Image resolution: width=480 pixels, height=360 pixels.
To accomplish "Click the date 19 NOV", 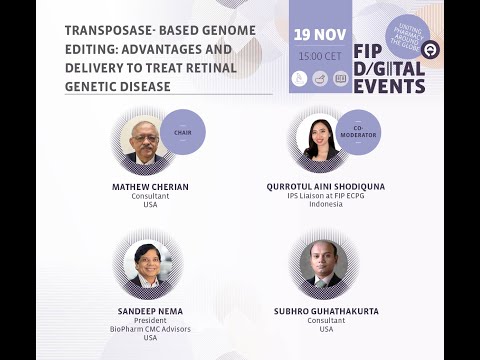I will pyautogui.click(x=320, y=35).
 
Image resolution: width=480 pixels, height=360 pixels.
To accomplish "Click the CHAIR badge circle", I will pyautogui.click(x=182, y=131).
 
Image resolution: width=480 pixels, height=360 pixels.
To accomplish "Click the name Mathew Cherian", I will pyautogui.click(x=150, y=186).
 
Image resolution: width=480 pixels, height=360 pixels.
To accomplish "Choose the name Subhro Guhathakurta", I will pyautogui.click(x=326, y=311).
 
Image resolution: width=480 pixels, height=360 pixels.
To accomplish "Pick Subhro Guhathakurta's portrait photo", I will pyautogui.click(x=323, y=264).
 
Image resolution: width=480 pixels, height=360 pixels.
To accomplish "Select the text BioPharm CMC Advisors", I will pyautogui.click(x=150, y=329).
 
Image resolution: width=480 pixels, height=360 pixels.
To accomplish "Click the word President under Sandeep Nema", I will pyautogui.click(x=150, y=320).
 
